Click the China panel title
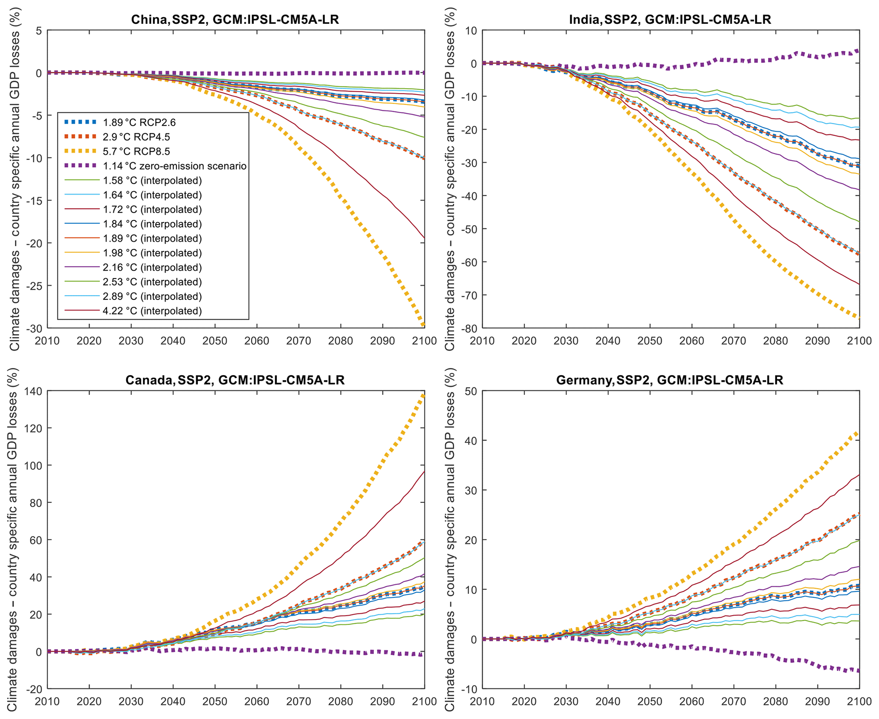point(235,20)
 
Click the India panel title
point(670,20)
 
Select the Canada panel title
point(235,380)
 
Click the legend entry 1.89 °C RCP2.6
point(139,123)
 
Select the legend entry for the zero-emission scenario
point(174,166)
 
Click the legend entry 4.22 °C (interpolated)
point(152,311)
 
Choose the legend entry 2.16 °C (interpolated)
point(152,268)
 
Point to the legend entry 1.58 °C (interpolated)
point(152,180)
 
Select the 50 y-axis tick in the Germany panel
point(471,391)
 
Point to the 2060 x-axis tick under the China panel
point(257,341)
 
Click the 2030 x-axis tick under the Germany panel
point(566,702)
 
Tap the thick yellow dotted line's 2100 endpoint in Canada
point(424,396)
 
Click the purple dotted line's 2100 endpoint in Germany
point(859,671)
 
